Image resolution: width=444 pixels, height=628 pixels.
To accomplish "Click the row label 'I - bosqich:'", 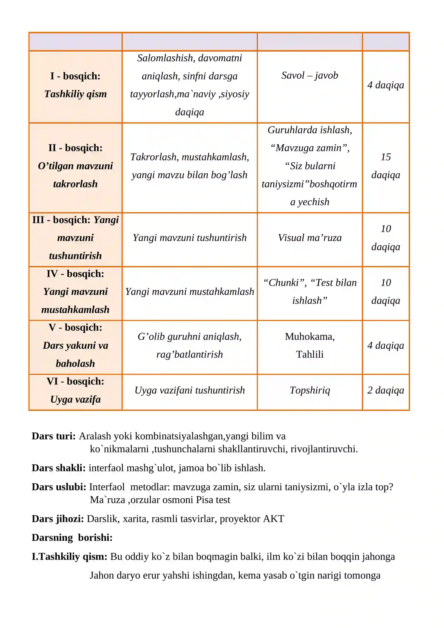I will [x=75, y=76].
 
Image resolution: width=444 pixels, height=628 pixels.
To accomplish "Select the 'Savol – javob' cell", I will [x=310, y=75].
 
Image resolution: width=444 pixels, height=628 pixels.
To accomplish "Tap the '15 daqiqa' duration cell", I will [x=386, y=166].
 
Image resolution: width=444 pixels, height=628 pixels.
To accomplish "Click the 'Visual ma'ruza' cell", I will [x=310, y=238].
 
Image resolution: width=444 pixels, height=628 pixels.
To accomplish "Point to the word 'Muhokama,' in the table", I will [x=310, y=336].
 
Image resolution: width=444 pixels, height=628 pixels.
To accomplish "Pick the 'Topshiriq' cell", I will [x=310, y=390].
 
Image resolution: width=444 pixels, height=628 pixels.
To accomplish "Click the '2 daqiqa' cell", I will [x=386, y=390].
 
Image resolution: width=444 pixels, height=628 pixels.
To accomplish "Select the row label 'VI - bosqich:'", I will [x=75, y=381].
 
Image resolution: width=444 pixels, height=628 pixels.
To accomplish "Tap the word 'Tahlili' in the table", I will [x=310, y=354].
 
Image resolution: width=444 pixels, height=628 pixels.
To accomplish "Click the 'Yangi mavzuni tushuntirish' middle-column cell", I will [x=190, y=238].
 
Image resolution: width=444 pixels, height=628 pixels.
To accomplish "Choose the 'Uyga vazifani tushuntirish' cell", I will [x=190, y=390].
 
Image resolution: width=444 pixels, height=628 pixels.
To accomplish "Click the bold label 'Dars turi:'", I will [x=54, y=436].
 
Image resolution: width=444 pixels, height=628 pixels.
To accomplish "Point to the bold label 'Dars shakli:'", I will [x=59, y=468].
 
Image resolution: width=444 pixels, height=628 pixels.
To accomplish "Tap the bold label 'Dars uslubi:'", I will [x=59, y=487].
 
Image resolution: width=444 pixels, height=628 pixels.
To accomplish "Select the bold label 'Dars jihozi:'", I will [x=58, y=519].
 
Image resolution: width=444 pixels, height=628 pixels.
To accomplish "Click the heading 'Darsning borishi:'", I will [x=72, y=537].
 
